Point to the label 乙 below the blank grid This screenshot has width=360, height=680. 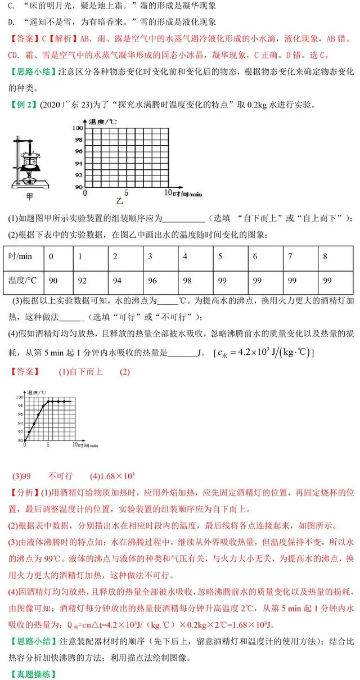[119, 200]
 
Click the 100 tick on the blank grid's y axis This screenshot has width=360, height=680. [78, 128]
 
